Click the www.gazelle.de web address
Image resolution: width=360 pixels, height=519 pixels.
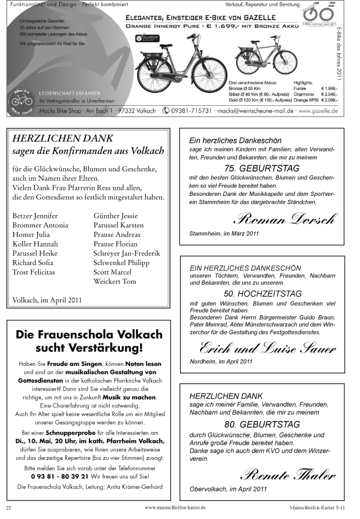pos(318,111)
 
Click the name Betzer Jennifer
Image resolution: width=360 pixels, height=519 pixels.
pos(35,216)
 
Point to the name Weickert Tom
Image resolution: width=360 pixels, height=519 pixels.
pos(115,281)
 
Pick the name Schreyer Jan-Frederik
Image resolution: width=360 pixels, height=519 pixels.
pos(127,253)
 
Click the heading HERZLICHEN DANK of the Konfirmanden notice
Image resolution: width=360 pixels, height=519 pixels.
pos(62,138)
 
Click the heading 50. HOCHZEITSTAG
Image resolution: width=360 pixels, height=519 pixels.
pos(262,294)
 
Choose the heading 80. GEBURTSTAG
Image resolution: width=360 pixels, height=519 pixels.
pos(262,424)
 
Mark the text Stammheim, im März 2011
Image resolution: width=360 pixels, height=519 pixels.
pos(224,233)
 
